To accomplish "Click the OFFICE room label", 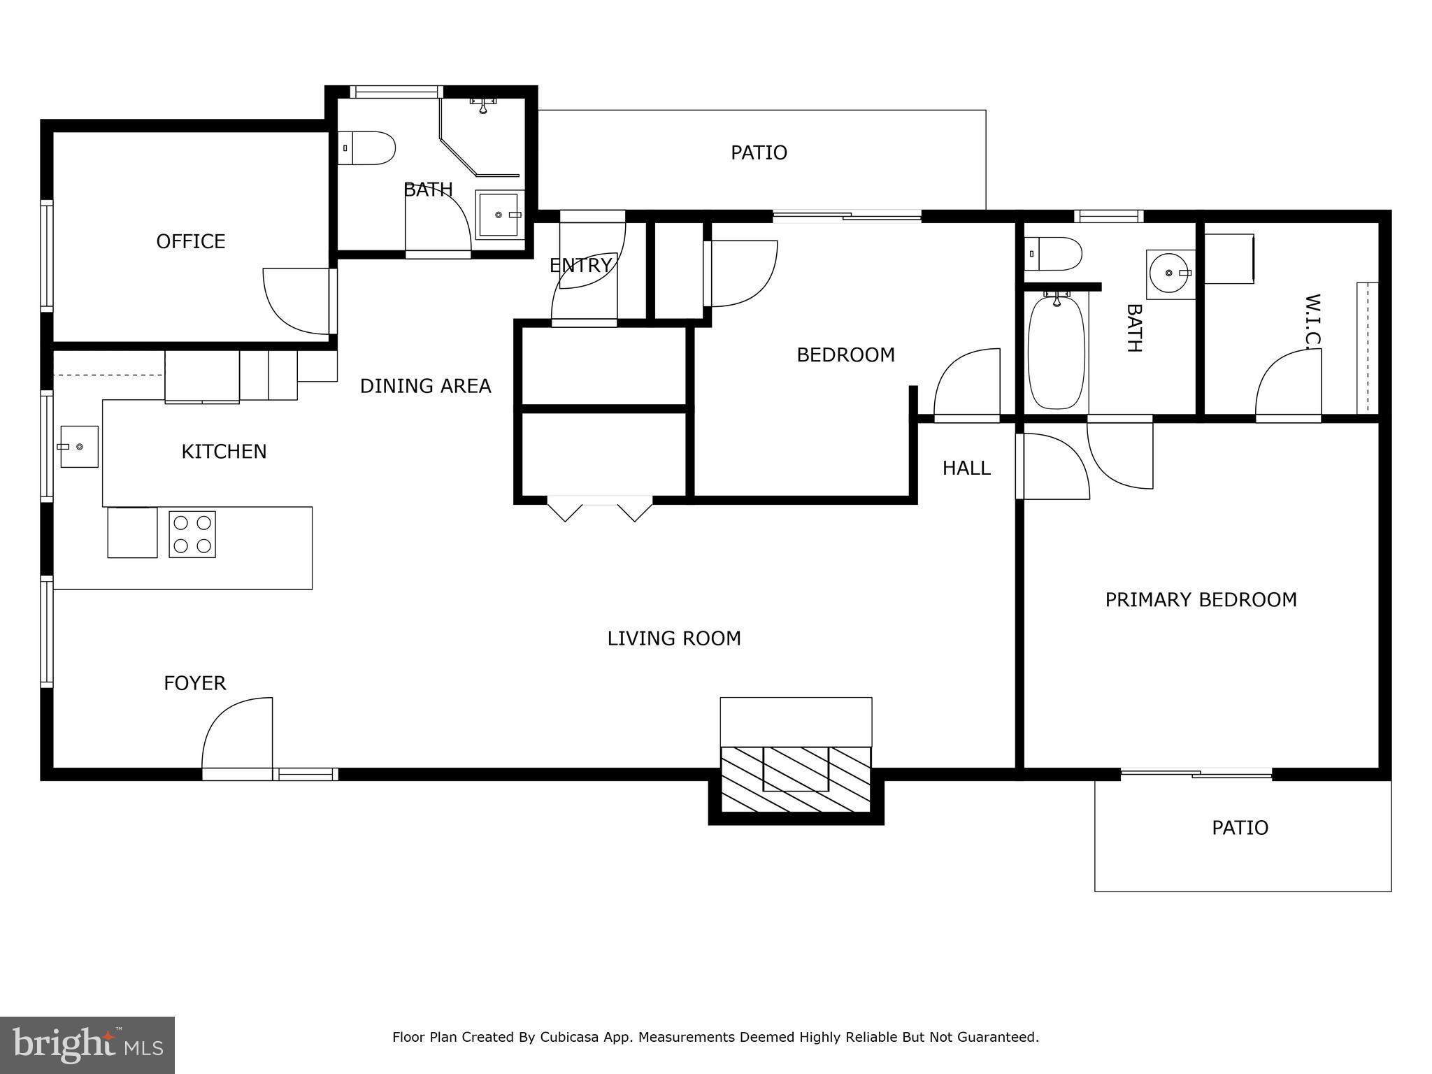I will pyautogui.click(x=190, y=241).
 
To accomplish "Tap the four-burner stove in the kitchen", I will pyautogui.click(x=192, y=534).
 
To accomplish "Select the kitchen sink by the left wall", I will pyautogui.click(x=79, y=446).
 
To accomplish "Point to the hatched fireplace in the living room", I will pyautogui.click(x=796, y=779).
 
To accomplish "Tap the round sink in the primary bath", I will pyautogui.click(x=1169, y=273).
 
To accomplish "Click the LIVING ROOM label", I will pyautogui.click(x=673, y=638).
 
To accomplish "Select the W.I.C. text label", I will pyautogui.click(x=1312, y=320).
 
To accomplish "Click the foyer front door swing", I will pyautogui.click(x=236, y=734).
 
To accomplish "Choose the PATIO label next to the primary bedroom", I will pyautogui.click(x=1240, y=828).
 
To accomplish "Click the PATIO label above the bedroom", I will pyautogui.click(x=759, y=152).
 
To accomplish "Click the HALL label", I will pyautogui.click(x=966, y=468).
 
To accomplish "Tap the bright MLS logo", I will pyautogui.click(x=87, y=1045).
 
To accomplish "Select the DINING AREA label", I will pyautogui.click(x=425, y=386).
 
